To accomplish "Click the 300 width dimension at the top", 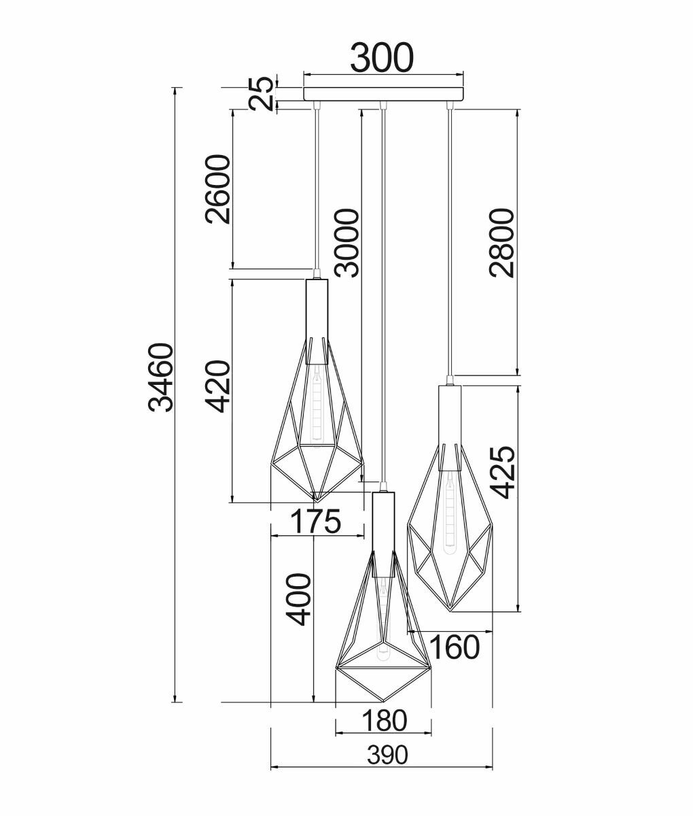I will (x=382, y=58).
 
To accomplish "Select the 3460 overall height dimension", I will (x=162, y=378).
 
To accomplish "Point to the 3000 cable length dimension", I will (x=347, y=243).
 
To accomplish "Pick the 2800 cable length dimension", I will (x=501, y=243).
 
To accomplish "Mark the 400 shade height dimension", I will (x=298, y=599).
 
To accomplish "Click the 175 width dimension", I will (x=315, y=522).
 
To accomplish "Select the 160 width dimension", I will (x=454, y=647).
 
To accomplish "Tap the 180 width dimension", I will (x=384, y=720).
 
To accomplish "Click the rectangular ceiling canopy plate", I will (x=383, y=94).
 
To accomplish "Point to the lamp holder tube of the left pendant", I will (x=317, y=309).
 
